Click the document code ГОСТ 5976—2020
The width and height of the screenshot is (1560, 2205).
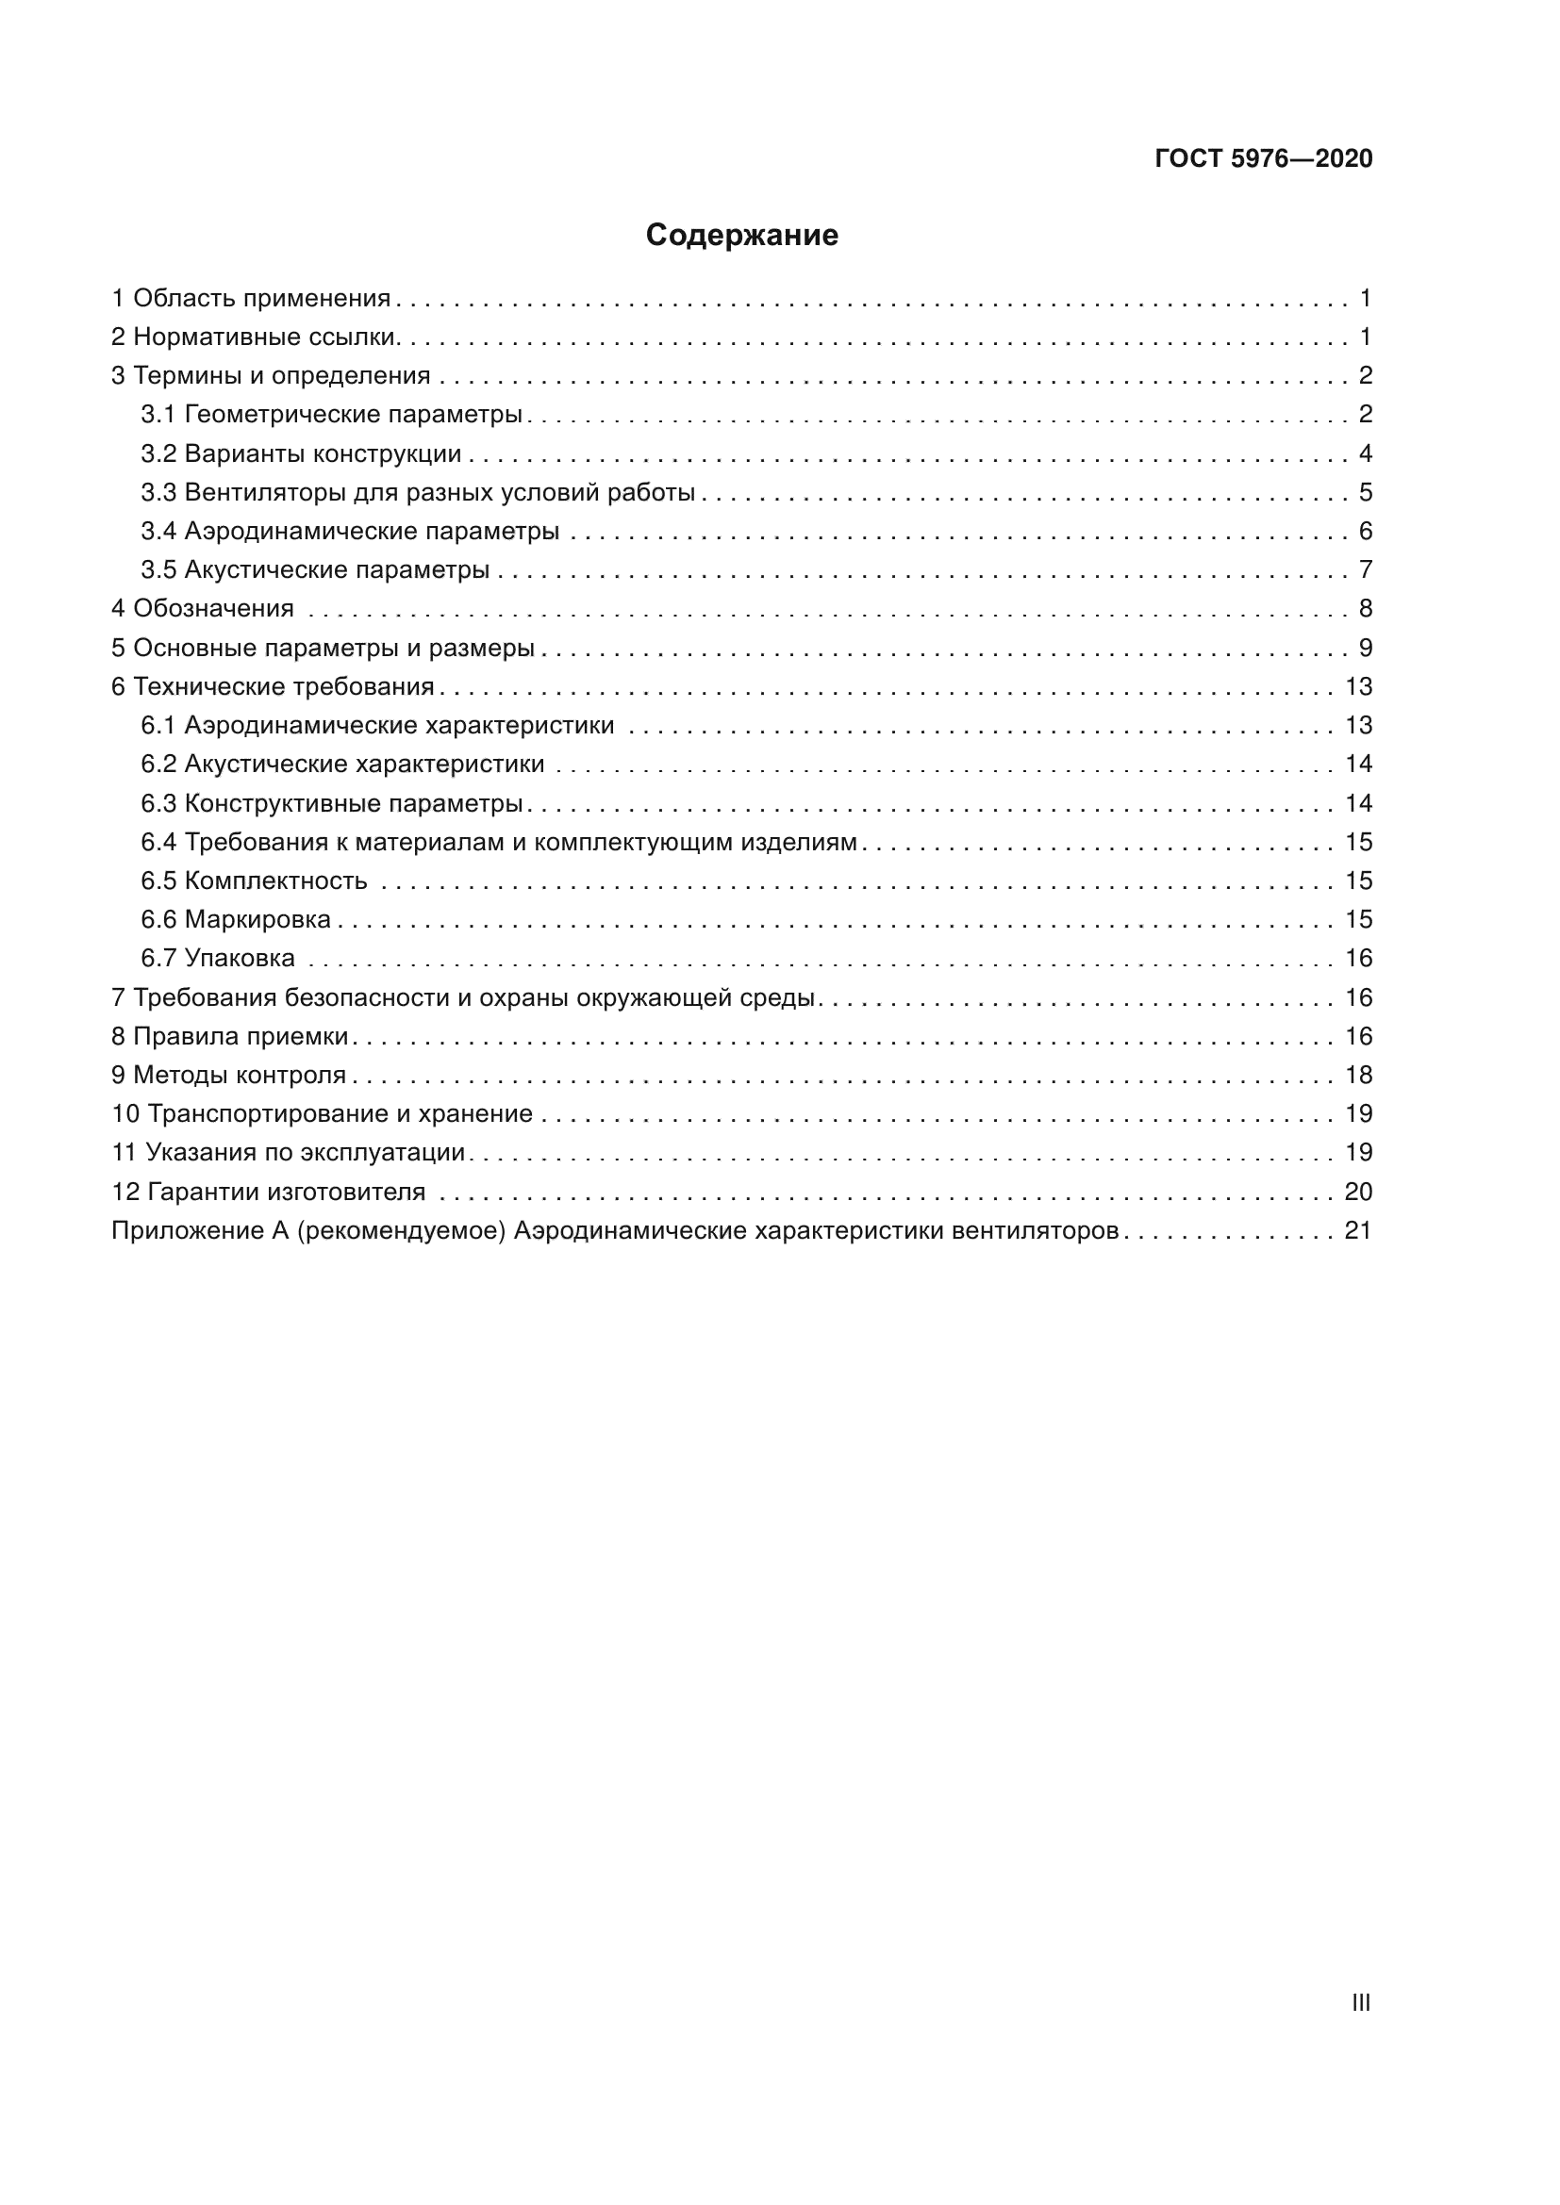click(x=1263, y=158)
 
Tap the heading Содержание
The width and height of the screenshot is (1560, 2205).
click(x=741, y=236)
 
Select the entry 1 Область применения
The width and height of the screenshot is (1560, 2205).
click(x=251, y=299)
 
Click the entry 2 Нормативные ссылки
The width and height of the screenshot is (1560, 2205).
click(x=255, y=337)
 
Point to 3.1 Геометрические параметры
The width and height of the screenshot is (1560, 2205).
click(x=331, y=415)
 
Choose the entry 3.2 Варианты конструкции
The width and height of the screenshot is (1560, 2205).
click(x=301, y=453)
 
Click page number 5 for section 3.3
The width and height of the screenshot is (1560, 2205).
click(x=1365, y=493)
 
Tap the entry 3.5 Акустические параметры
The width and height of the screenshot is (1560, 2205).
click(x=315, y=570)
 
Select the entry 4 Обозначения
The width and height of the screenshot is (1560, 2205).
click(x=203, y=609)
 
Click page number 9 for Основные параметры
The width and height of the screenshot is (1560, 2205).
click(x=1365, y=649)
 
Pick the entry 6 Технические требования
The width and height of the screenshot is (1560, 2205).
click(x=273, y=686)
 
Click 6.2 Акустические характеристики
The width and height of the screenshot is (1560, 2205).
click(x=343, y=765)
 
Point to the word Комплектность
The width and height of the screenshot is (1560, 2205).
click(x=275, y=880)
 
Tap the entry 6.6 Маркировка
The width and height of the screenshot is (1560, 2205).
click(x=236, y=920)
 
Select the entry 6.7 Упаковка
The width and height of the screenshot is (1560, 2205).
click(x=218, y=959)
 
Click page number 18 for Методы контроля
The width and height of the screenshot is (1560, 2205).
click(x=1358, y=1075)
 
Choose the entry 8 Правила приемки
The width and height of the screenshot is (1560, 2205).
click(x=229, y=1036)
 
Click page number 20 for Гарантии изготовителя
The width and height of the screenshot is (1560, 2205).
click(x=1358, y=1192)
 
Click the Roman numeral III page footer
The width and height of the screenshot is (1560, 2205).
click(x=1360, y=2002)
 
